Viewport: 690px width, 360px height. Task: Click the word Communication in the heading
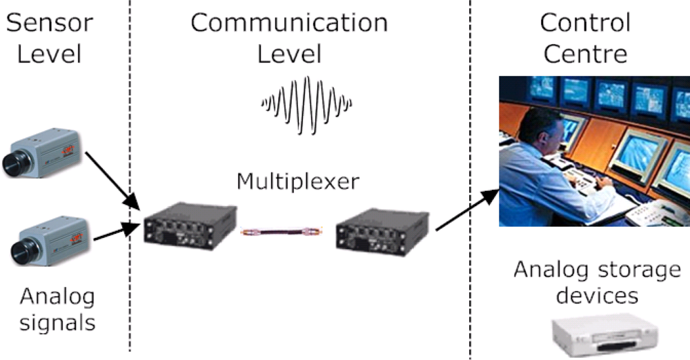pyautogui.click(x=289, y=23)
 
